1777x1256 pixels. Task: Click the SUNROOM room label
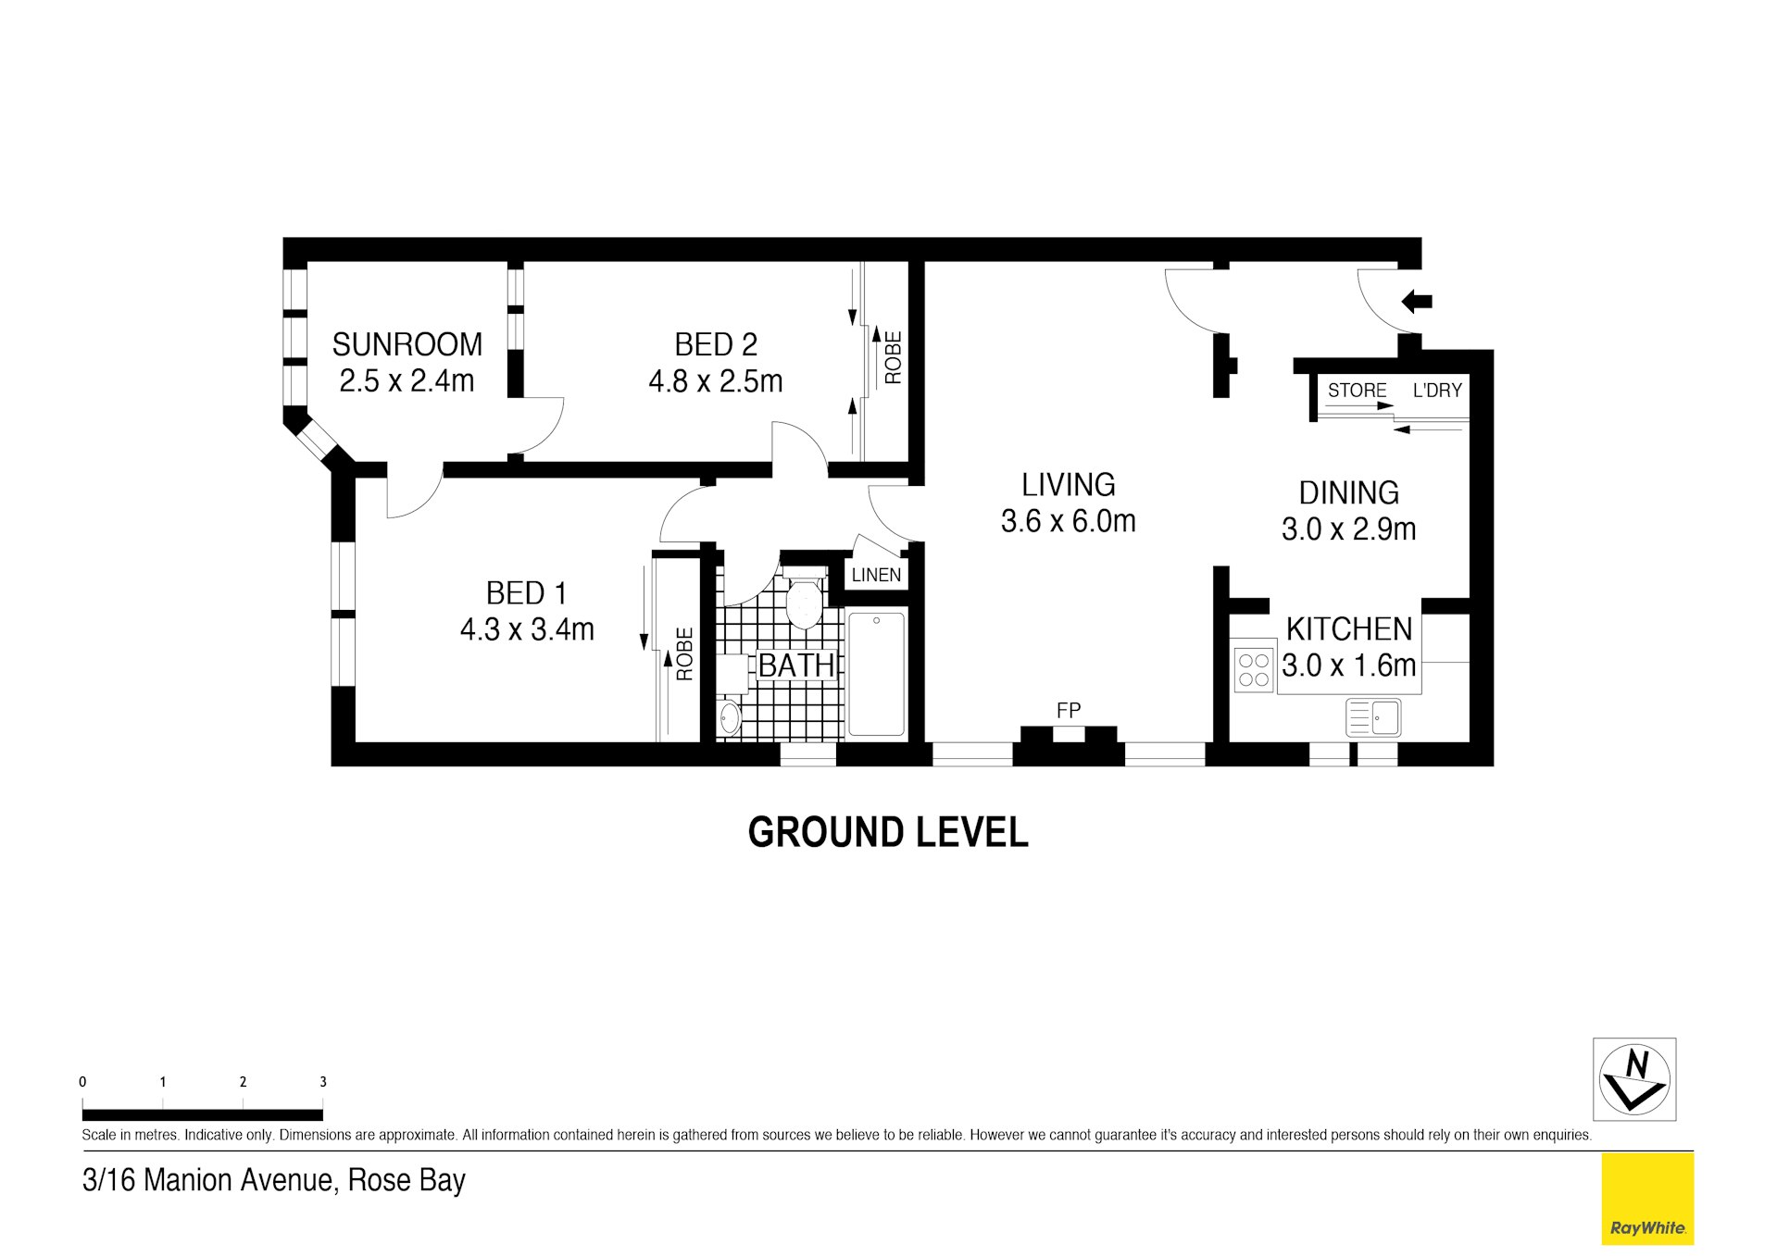(407, 344)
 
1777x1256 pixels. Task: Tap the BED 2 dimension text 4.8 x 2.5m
(716, 380)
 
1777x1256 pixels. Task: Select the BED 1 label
(526, 592)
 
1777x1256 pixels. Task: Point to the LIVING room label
(1068, 484)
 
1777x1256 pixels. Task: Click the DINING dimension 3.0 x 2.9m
(1348, 529)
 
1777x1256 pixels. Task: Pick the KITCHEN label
(1349, 628)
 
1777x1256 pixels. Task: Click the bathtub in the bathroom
(876, 674)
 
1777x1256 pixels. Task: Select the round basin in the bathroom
(730, 718)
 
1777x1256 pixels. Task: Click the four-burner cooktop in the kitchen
(1254, 671)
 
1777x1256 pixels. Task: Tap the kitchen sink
(1373, 717)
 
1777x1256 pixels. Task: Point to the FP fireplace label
(1069, 710)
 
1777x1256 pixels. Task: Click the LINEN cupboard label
(876, 575)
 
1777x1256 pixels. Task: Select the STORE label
(1358, 391)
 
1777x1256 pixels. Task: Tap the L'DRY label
(1437, 391)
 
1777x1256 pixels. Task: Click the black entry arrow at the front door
(1417, 301)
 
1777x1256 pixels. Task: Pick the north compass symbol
(1634, 1079)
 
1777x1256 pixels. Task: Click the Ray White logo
(1647, 1199)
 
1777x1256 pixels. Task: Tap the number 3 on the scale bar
(323, 1081)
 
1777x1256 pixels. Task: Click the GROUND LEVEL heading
(888, 832)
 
